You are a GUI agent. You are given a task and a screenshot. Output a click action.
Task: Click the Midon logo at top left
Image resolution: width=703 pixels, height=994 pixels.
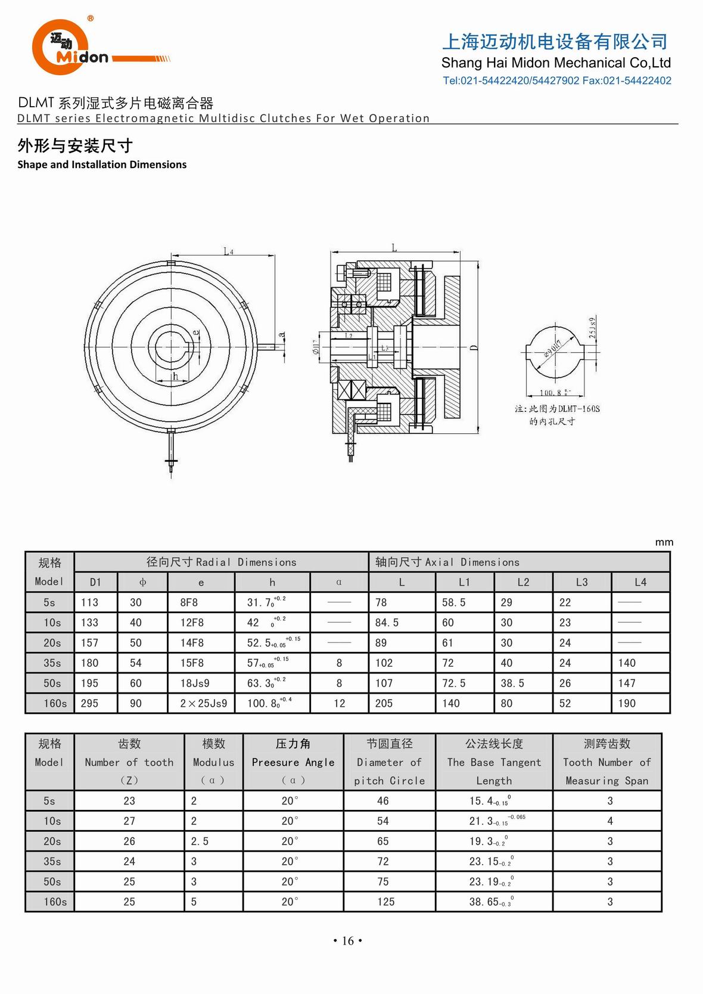click(x=71, y=48)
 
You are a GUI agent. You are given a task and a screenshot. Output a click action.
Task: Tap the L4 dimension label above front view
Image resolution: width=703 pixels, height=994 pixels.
click(x=228, y=251)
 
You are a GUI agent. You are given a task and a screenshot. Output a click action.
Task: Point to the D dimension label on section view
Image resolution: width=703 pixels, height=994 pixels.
click(x=474, y=347)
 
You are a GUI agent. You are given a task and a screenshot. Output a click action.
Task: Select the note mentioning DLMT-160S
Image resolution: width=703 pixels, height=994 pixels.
click(x=558, y=414)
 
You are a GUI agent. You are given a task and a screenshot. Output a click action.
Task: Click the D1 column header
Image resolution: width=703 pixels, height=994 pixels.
click(x=95, y=582)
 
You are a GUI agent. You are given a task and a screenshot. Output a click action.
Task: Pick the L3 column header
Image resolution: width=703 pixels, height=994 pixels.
click(x=581, y=582)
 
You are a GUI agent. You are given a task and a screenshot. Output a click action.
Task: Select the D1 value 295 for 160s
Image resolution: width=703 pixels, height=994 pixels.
click(x=89, y=703)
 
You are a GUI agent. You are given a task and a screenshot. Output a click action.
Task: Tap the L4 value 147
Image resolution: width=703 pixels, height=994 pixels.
click(x=627, y=683)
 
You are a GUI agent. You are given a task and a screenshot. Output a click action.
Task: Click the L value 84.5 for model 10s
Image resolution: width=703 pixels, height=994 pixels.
click(x=387, y=623)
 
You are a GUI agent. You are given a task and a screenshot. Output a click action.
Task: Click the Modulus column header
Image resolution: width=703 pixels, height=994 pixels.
click(x=213, y=762)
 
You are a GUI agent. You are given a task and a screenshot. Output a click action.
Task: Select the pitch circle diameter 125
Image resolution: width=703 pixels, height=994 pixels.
click(x=385, y=902)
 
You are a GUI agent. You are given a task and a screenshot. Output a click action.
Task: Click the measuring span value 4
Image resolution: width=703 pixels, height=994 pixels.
click(x=609, y=821)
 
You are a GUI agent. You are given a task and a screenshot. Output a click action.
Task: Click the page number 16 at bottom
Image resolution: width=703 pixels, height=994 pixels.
click(x=348, y=941)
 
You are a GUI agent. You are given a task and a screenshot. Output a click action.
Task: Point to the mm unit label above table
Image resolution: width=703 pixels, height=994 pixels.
click(x=664, y=542)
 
